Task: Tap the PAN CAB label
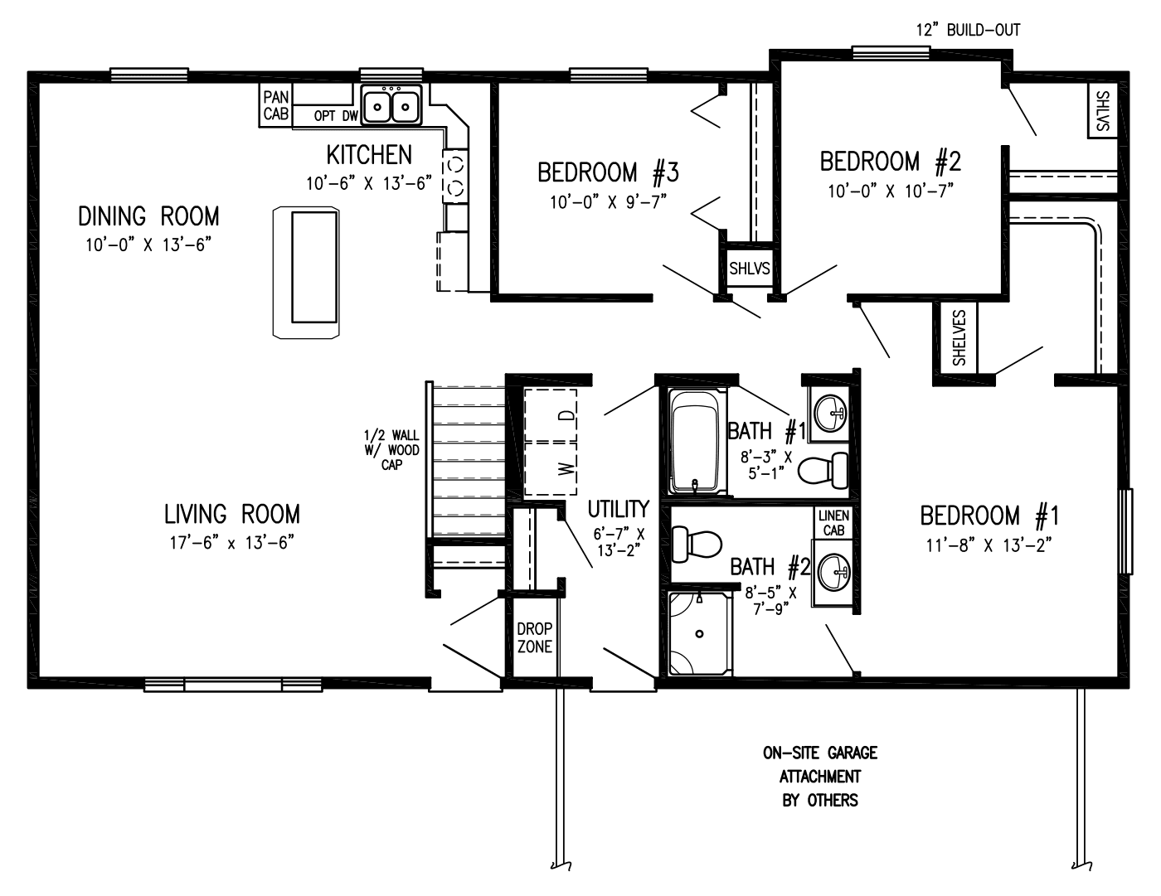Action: coord(275,106)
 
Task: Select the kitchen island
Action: coord(307,272)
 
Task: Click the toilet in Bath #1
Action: coord(823,470)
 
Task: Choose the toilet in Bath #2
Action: coord(697,545)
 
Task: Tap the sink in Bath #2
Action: coord(833,570)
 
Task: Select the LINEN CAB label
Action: coord(833,523)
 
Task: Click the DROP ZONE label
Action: coord(534,637)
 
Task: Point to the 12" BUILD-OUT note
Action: coord(968,30)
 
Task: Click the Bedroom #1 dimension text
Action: coord(989,545)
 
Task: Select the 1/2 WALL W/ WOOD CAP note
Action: coord(391,450)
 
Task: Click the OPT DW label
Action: coord(335,116)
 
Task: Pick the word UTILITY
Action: coord(618,508)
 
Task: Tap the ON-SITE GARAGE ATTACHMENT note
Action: coord(820,776)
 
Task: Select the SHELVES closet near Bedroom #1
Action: coord(959,337)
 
